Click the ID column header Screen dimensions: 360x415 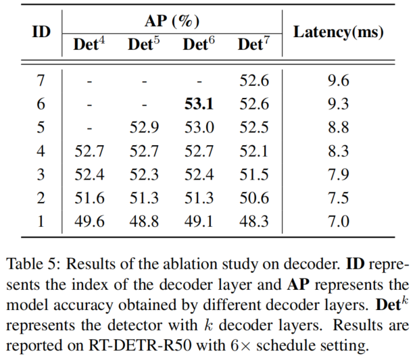[41, 31]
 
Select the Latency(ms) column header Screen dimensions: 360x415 [338, 31]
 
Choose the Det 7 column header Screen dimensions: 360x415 [253, 45]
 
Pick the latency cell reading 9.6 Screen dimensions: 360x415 [338, 81]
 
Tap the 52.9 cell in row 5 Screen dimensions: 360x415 [144, 128]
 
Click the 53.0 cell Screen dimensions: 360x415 [199, 128]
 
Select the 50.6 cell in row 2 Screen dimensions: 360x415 [253, 198]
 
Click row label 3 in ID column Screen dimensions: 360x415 [41, 175]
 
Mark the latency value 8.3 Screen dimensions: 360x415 [338, 151]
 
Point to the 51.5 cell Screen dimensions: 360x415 [253, 175]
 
